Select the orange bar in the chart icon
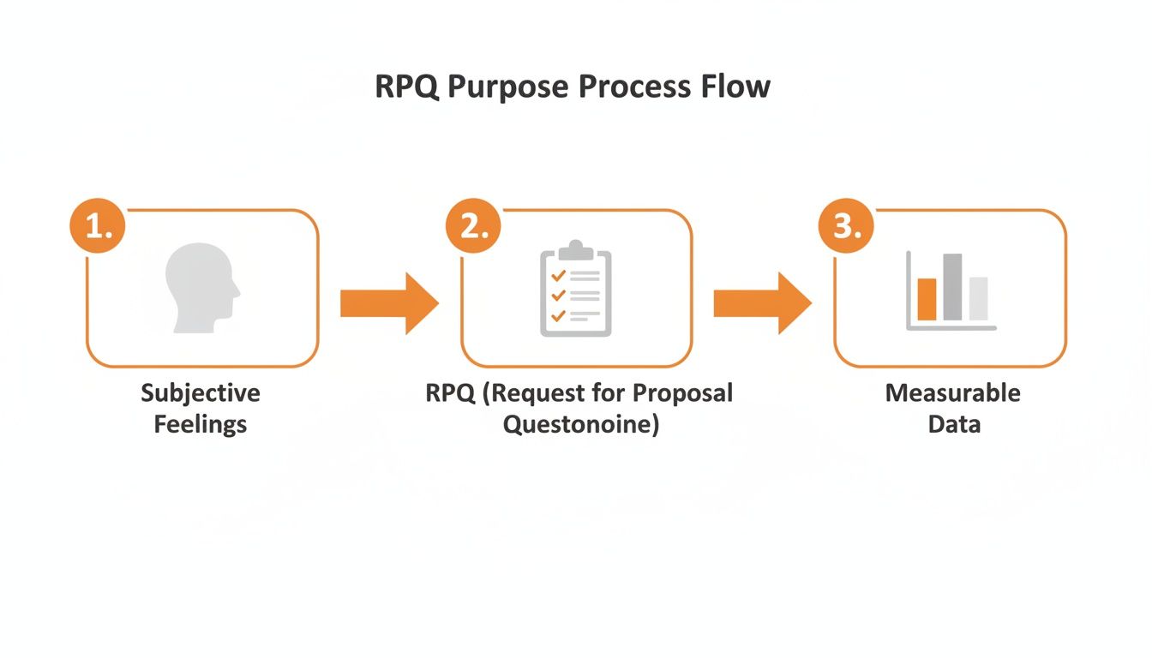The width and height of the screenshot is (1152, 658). tap(927, 299)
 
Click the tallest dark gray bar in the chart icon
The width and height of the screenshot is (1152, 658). tap(952, 287)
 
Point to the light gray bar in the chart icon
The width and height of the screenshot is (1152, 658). tap(978, 298)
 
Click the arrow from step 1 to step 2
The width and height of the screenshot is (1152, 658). tap(389, 303)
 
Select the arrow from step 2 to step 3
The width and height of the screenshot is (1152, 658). tap(762, 303)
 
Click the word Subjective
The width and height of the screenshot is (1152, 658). tap(201, 393)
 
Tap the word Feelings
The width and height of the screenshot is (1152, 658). tap(201, 424)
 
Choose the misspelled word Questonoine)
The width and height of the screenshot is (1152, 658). tap(580, 424)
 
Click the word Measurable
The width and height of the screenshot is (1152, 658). tap(952, 393)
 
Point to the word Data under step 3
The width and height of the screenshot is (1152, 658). tap(953, 424)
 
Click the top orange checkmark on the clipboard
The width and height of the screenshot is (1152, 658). tap(558, 275)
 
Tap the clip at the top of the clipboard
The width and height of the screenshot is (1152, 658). tap(576, 249)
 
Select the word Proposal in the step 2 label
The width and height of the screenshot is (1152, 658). tap(682, 393)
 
